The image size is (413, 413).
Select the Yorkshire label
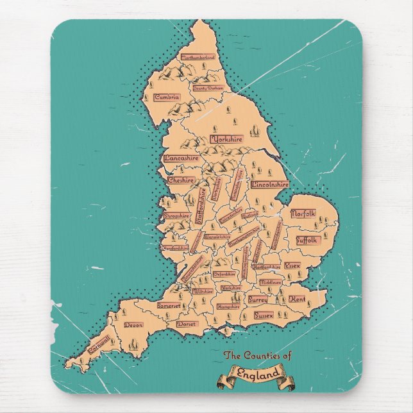[226, 139]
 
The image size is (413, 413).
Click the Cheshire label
[180, 181]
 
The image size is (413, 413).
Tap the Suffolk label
[307, 240]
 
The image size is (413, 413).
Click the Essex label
[292, 265]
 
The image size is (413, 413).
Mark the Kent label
[297, 299]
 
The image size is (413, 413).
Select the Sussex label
[264, 316]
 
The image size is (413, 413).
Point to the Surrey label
[258, 299]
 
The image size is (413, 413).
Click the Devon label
[133, 325]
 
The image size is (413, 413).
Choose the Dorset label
[187, 324]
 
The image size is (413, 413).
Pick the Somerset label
[168, 307]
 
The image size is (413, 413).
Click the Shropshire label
[176, 216]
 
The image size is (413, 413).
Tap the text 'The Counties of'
[257, 356]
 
